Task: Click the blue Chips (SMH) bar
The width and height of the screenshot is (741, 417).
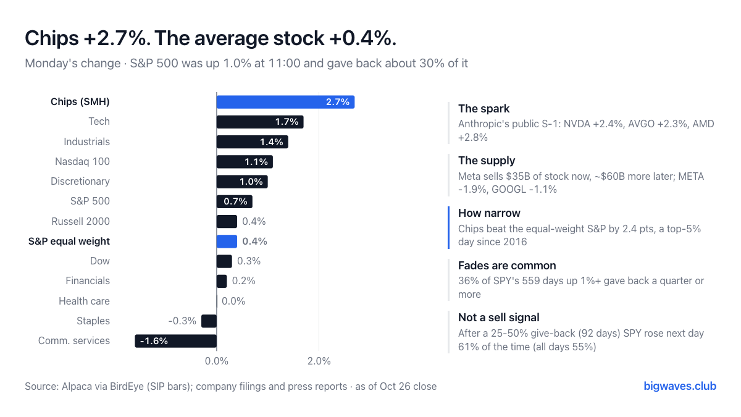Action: point(285,102)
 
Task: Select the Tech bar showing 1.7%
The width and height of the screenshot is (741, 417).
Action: point(260,122)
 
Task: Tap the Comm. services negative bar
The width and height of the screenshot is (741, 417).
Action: point(175,341)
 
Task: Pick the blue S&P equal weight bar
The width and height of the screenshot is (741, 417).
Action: point(227,242)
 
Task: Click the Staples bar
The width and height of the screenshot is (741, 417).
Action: point(209,321)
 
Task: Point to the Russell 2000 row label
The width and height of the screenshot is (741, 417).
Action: point(80,221)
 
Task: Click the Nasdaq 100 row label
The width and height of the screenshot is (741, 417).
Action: point(82,161)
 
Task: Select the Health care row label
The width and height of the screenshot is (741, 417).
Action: point(84,301)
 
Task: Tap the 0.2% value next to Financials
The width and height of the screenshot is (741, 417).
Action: point(244,281)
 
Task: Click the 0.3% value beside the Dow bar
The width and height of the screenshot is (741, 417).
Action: point(249,261)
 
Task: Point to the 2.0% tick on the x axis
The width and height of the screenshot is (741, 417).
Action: point(319,361)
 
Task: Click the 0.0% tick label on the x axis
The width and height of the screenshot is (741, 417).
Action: point(217,361)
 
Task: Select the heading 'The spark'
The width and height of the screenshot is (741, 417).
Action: point(484,109)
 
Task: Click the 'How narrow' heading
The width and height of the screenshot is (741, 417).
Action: point(489,213)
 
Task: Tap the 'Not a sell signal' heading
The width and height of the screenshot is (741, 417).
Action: point(498,318)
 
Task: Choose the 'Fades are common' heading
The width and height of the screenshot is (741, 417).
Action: point(507,266)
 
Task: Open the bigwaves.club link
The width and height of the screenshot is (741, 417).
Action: point(680,386)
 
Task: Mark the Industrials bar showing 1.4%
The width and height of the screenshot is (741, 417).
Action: point(253,142)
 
